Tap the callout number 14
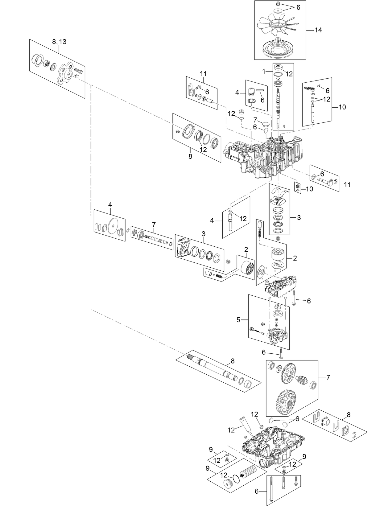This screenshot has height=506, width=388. (x=318, y=30)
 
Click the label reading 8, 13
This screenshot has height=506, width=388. (x=59, y=42)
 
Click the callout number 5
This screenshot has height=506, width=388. (x=238, y=320)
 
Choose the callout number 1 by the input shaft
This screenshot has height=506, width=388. (x=264, y=71)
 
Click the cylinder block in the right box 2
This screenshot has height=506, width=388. (x=277, y=255)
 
